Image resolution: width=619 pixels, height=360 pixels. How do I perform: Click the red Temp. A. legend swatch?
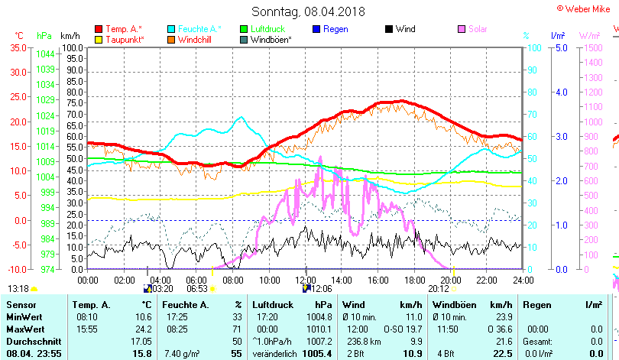(x=99, y=29)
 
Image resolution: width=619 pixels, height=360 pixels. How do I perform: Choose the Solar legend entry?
(x=478, y=29)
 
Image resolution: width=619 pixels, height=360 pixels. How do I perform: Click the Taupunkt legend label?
(x=125, y=39)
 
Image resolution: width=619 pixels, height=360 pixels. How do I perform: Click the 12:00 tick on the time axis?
(x=306, y=279)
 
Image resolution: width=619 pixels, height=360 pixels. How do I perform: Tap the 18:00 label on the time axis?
(x=414, y=279)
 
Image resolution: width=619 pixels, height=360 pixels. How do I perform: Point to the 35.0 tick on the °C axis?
(x=18, y=47)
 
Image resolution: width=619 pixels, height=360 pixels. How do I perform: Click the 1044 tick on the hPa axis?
(x=45, y=54)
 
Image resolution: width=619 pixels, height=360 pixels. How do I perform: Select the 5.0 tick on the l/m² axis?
(x=559, y=47)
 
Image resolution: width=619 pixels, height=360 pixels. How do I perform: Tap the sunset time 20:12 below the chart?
(x=438, y=290)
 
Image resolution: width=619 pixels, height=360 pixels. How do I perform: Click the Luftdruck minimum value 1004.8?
(x=319, y=316)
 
